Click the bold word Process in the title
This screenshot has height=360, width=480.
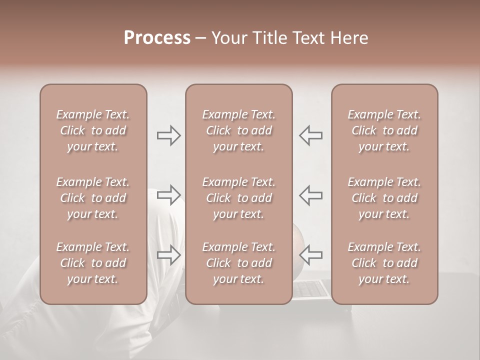pyautogui.click(x=157, y=38)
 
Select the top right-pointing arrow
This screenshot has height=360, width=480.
pyautogui.click(x=169, y=135)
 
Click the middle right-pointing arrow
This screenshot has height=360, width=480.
pyautogui.click(x=169, y=194)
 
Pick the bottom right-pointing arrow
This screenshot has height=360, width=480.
pyautogui.click(x=169, y=254)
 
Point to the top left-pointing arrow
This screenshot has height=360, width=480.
pyautogui.click(x=310, y=135)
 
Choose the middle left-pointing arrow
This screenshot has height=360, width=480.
pyautogui.click(x=310, y=194)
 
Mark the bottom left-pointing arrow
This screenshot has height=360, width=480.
pyautogui.click(x=310, y=254)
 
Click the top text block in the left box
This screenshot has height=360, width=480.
pyautogui.click(x=93, y=130)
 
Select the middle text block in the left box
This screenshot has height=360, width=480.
pyautogui.click(x=93, y=198)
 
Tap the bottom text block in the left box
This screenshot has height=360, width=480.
pyautogui.click(x=93, y=263)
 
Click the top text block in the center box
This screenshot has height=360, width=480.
pyautogui.click(x=238, y=130)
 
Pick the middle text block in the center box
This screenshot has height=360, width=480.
pyautogui.click(x=238, y=198)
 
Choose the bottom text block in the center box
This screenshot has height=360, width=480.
pyautogui.click(x=238, y=263)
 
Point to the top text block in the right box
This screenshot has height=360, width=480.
pyautogui.click(x=384, y=130)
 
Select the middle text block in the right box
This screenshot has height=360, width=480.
pyautogui.click(x=384, y=198)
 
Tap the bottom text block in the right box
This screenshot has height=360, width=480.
pyautogui.click(x=384, y=263)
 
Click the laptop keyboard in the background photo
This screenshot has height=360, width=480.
pyautogui.click(x=311, y=289)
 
